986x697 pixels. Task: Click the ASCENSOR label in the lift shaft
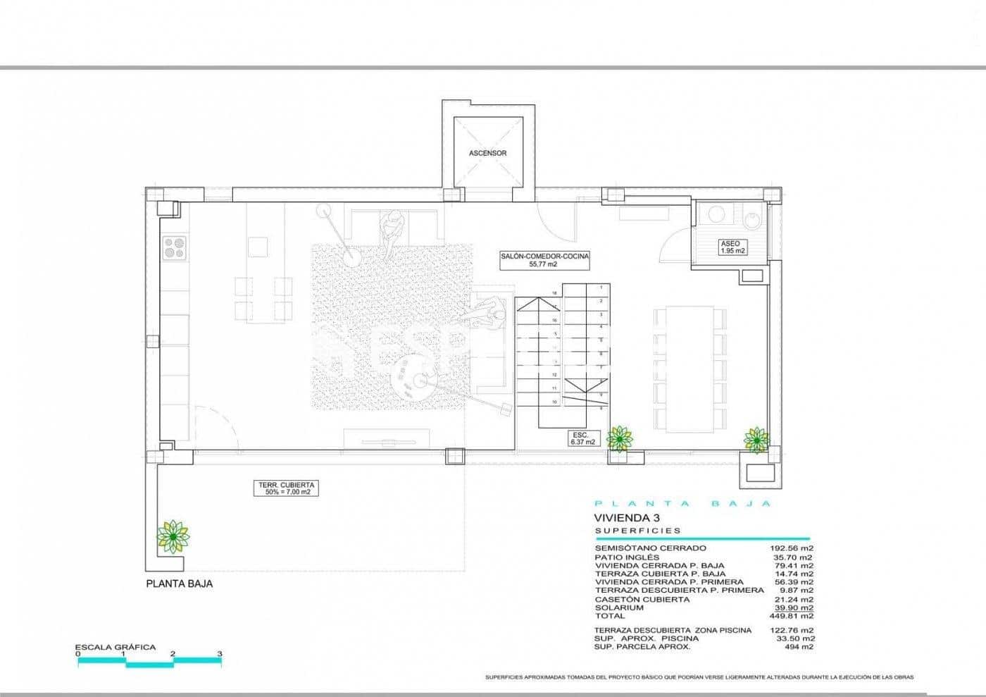tap(487, 153)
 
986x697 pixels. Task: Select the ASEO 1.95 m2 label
tap(732, 247)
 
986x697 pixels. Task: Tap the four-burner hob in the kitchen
tap(175, 247)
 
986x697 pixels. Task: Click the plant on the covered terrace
tap(173, 537)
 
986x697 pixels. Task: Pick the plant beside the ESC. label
tap(619, 438)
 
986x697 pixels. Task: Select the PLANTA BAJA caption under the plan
tap(179, 584)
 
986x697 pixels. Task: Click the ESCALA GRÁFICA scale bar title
tap(116, 647)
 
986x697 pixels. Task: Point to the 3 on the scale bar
tap(220, 654)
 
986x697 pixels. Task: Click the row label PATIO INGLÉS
tap(628, 557)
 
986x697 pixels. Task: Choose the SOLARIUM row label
tap(619, 607)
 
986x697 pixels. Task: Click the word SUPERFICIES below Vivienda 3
tap(638, 531)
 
